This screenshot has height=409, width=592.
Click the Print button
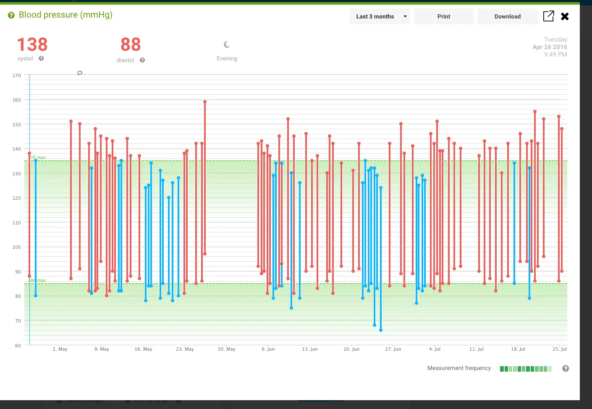[443, 16]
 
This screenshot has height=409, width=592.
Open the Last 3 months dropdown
[380, 16]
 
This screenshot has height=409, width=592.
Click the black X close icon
[565, 16]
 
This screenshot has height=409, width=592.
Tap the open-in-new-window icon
[548, 16]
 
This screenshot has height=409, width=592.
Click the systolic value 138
[32, 44]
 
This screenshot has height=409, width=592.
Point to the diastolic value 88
[131, 44]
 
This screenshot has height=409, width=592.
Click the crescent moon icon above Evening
[227, 44]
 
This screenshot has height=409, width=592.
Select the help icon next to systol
[41, 58]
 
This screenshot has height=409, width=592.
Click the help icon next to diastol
[142, 60]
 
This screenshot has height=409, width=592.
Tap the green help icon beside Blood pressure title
[11, 15]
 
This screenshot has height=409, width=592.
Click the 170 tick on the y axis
[16, 76]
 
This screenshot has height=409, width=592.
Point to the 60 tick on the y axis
[18, 346]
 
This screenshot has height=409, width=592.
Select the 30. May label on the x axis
[226, 349]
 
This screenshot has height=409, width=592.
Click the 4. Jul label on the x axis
[435, 349]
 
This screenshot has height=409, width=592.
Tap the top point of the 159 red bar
[205, 102]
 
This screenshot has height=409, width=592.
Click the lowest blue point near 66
[381, 330]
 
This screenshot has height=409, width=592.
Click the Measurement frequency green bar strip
[526, 369]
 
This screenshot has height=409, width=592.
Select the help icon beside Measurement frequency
[566, 368]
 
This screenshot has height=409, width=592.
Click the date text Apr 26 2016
[550, 47]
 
